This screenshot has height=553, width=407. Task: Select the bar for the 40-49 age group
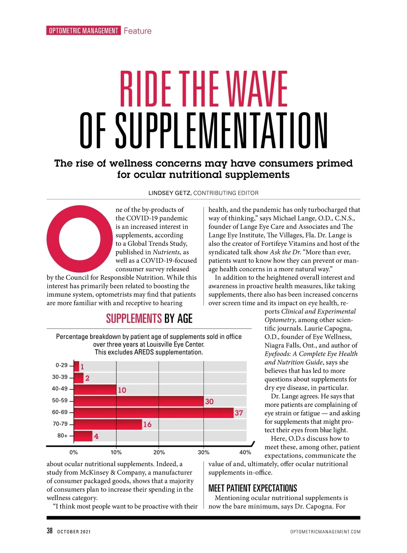click(95, 389)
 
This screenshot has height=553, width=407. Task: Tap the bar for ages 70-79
click(108, 424)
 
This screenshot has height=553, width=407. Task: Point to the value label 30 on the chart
click(209, 401)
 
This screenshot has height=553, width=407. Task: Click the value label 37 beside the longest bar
click(239, 413)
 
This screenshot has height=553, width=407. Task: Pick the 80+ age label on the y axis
click(62, 436)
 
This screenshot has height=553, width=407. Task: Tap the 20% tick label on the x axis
click(159, 452)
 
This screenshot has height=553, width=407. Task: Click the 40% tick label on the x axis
click(245, 452)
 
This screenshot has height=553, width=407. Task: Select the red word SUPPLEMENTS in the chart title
click(134, 319)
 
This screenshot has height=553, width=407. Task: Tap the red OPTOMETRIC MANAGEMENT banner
click(83, 31)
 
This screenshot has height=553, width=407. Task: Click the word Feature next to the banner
click(137, 31)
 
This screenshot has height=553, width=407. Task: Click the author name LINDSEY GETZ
click(170, 193)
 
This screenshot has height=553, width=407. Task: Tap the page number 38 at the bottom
click(50, 531)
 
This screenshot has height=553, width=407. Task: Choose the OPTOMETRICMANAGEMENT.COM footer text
click(325, 532)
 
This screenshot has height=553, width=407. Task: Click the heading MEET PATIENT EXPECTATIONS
click(253, 488)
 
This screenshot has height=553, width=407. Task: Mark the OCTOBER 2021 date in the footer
click(74, 532)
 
